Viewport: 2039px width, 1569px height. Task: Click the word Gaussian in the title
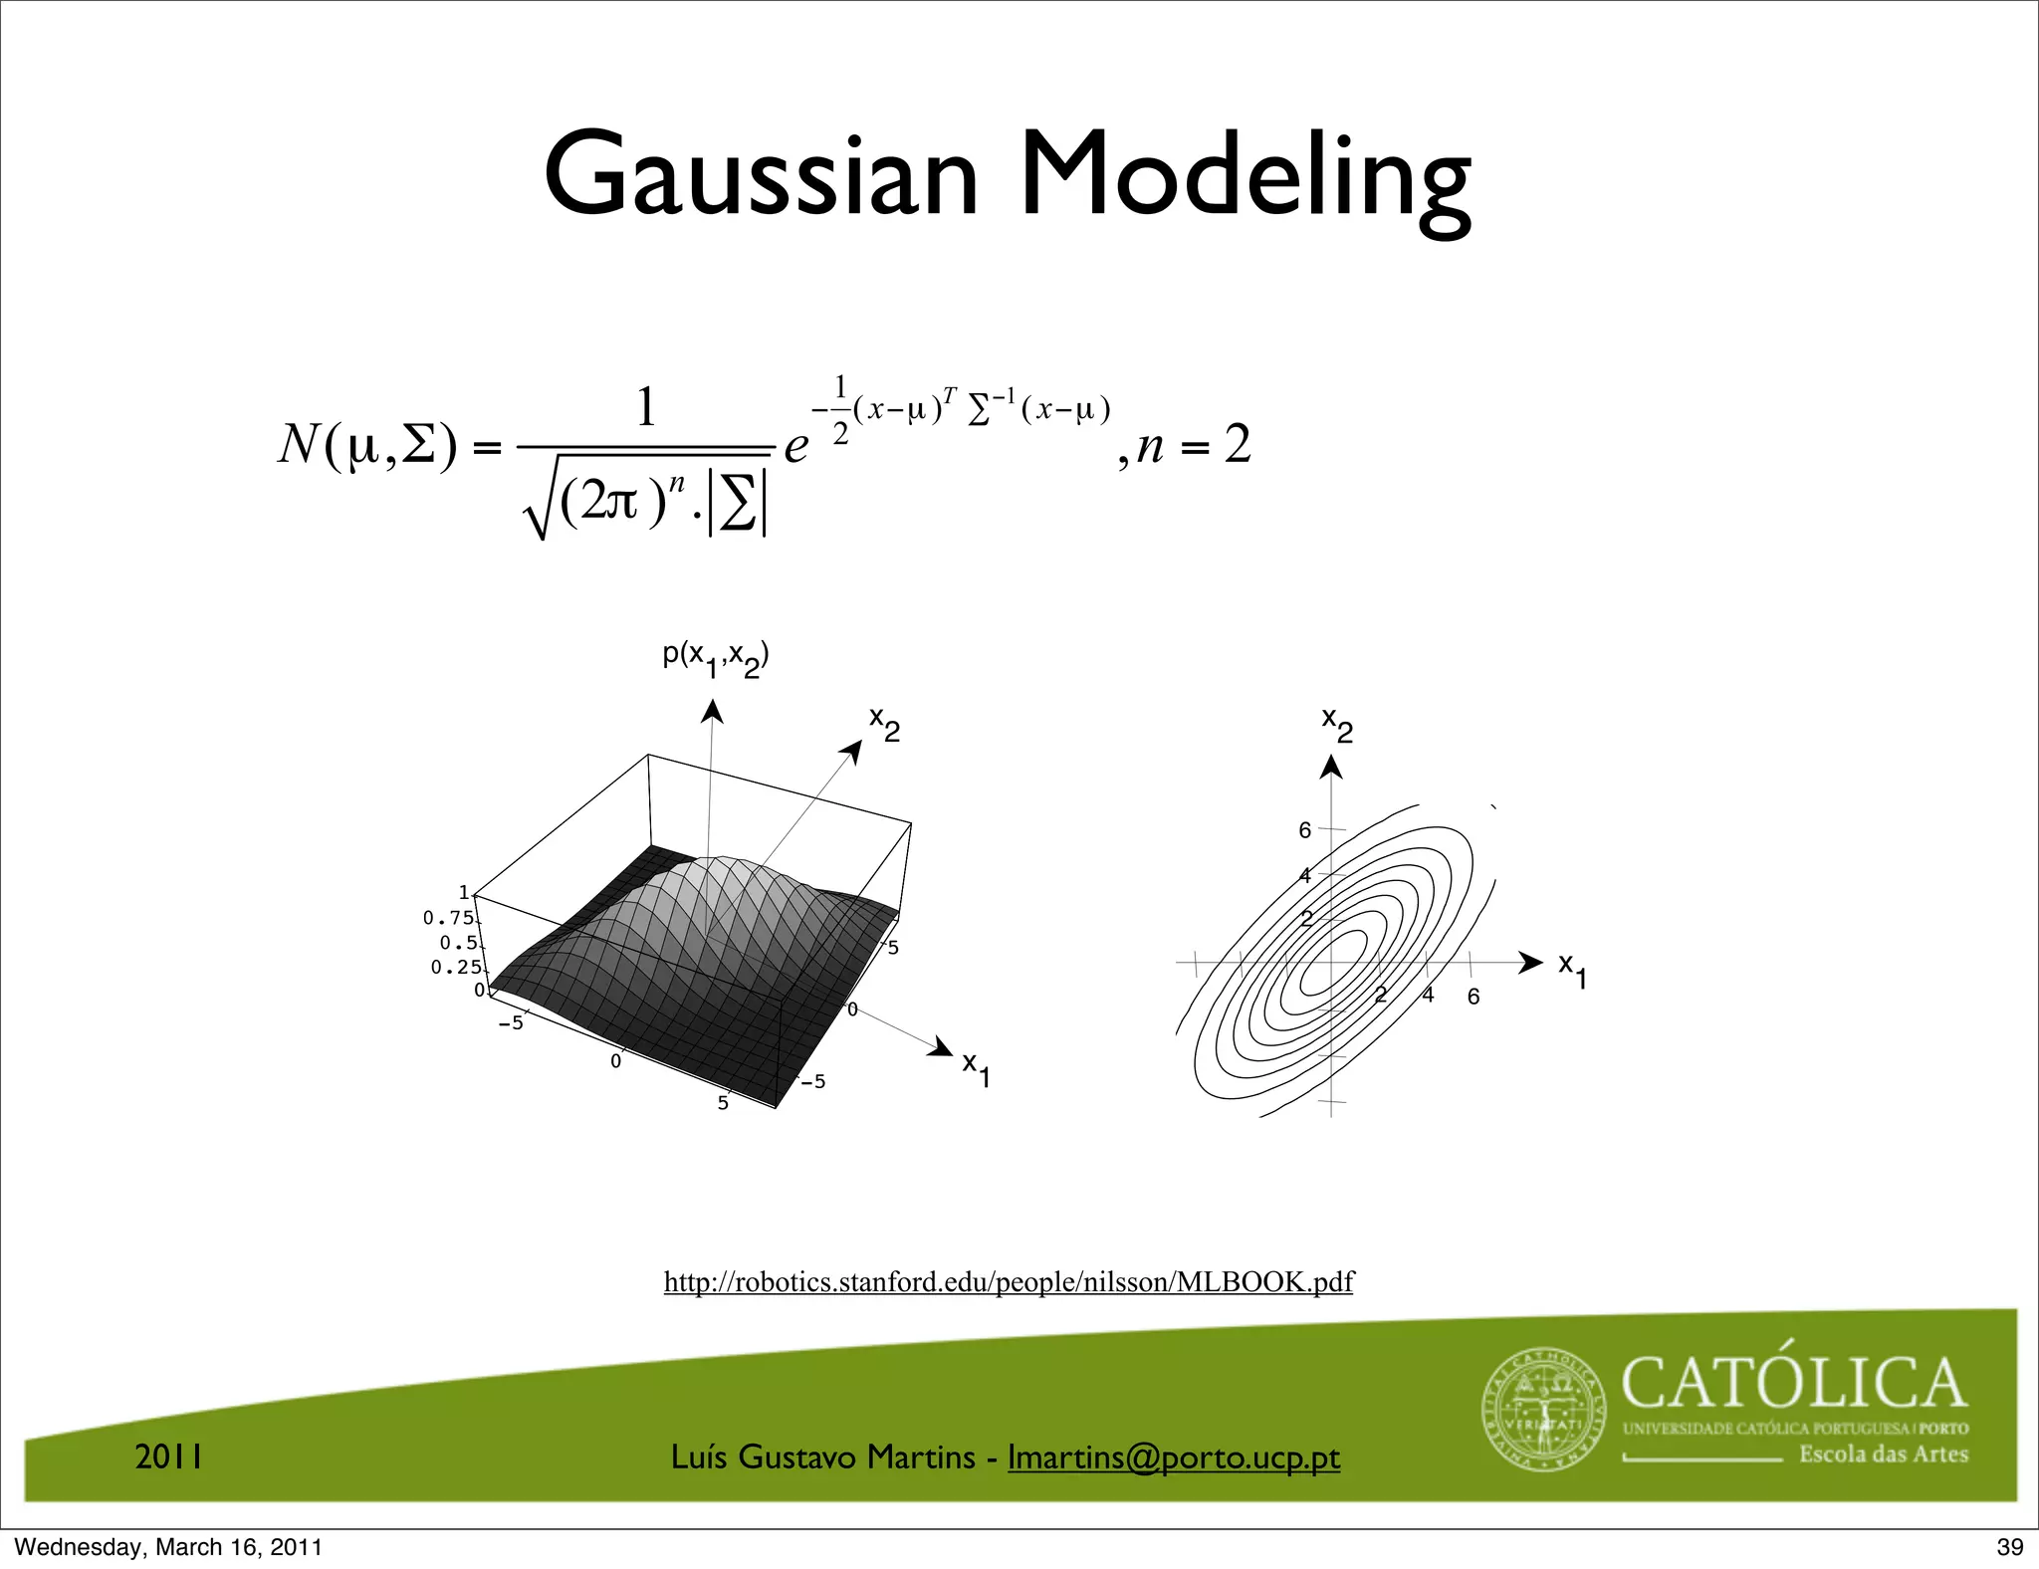coord(762,176)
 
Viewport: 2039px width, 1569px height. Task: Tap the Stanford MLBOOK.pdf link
coord(1009,1281)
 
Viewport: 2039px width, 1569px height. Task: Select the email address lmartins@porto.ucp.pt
coord(1174,1457)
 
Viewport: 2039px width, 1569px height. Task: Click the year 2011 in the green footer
coord(169,1457)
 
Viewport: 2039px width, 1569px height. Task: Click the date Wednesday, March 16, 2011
coord(168,1547)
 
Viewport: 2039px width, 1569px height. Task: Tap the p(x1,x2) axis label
coord(716,658)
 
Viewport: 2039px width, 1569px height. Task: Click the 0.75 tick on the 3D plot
coord(448,918)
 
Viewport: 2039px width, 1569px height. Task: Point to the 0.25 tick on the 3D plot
coord(456,968)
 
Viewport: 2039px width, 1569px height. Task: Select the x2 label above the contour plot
coord(1337,725)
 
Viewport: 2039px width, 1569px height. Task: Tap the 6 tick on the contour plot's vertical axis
coord(1305,830)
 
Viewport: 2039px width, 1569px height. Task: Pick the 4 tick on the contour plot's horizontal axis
coord(1428,995)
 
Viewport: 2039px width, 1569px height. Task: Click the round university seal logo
coord(1544,1409)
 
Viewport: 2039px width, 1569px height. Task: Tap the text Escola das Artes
coord(1883,1455)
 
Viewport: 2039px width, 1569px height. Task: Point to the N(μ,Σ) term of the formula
coord(366,445)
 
